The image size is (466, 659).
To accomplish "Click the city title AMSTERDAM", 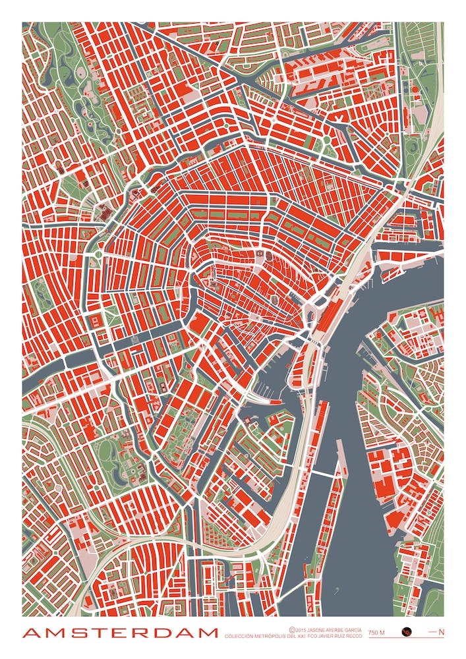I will [x=120, y=633].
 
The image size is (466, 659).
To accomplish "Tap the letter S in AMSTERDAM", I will [x=74, y=633].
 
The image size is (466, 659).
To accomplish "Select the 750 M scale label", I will [x=376, y=633].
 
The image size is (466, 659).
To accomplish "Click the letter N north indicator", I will [x=441, y=633].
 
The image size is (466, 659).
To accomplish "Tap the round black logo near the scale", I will [x=407, y=632].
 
